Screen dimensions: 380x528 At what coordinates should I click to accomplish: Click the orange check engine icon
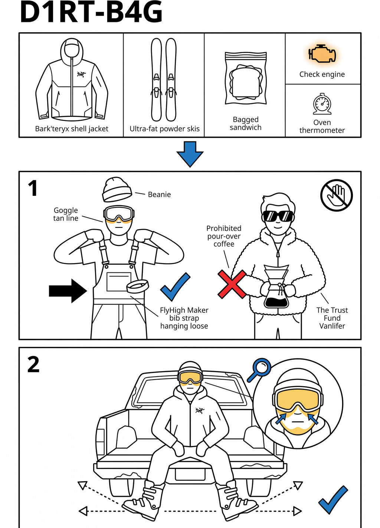coord(322,54)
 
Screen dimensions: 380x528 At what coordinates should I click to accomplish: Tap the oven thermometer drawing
coord(322,104)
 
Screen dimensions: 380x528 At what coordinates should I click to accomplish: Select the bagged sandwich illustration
coord(246,78)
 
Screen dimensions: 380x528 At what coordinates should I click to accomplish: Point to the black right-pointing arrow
coord(68,291)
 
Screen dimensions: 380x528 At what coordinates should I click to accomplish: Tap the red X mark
coord(232,284)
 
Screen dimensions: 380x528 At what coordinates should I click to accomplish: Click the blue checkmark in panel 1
coord(175,286)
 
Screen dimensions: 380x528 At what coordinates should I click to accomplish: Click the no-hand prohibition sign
coord(337,195)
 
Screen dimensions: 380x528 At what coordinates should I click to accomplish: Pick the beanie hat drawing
coord(117,190)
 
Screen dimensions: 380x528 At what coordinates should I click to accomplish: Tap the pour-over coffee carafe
coord(276,286)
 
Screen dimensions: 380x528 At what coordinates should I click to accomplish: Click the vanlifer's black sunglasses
coord(278,216)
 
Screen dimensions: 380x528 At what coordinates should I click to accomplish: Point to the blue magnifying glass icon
coord(259,370)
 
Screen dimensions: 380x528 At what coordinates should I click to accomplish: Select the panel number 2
coord(33,364)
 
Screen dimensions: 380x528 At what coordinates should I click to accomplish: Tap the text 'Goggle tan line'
coord(66,214)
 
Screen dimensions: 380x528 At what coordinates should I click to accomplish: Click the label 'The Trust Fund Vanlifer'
coord(332,318)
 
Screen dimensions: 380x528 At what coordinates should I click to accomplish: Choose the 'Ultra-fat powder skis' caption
coord(164,129)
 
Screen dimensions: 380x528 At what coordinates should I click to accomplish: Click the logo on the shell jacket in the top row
coord(81,75)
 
